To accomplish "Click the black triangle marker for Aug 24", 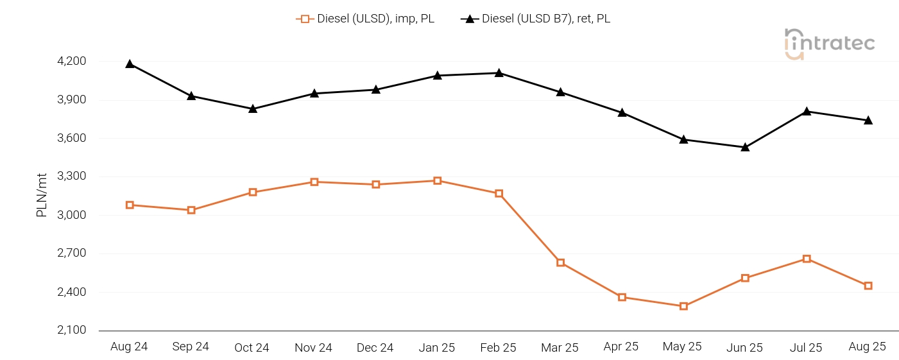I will coord(130,64).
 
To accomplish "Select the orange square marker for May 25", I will coord(683,306).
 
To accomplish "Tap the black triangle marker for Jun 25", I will coord(745,148).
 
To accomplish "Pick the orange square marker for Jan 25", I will coord(437,181).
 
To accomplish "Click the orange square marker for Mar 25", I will coord(560,262).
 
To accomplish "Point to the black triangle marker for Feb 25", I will coord(499,73).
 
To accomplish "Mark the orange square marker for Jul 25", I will coord(807,259).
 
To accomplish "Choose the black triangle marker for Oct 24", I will coord(253,109).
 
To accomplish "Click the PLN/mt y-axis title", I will coord(42,196).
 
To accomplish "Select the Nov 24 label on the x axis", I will coord(313,348).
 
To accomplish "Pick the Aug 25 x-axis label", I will coord(867,347).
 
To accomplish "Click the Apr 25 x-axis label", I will coord(621,347).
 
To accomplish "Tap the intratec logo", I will coord(829,44).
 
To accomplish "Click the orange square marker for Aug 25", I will coord(868,286).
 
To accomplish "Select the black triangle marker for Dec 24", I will coord(375,90).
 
